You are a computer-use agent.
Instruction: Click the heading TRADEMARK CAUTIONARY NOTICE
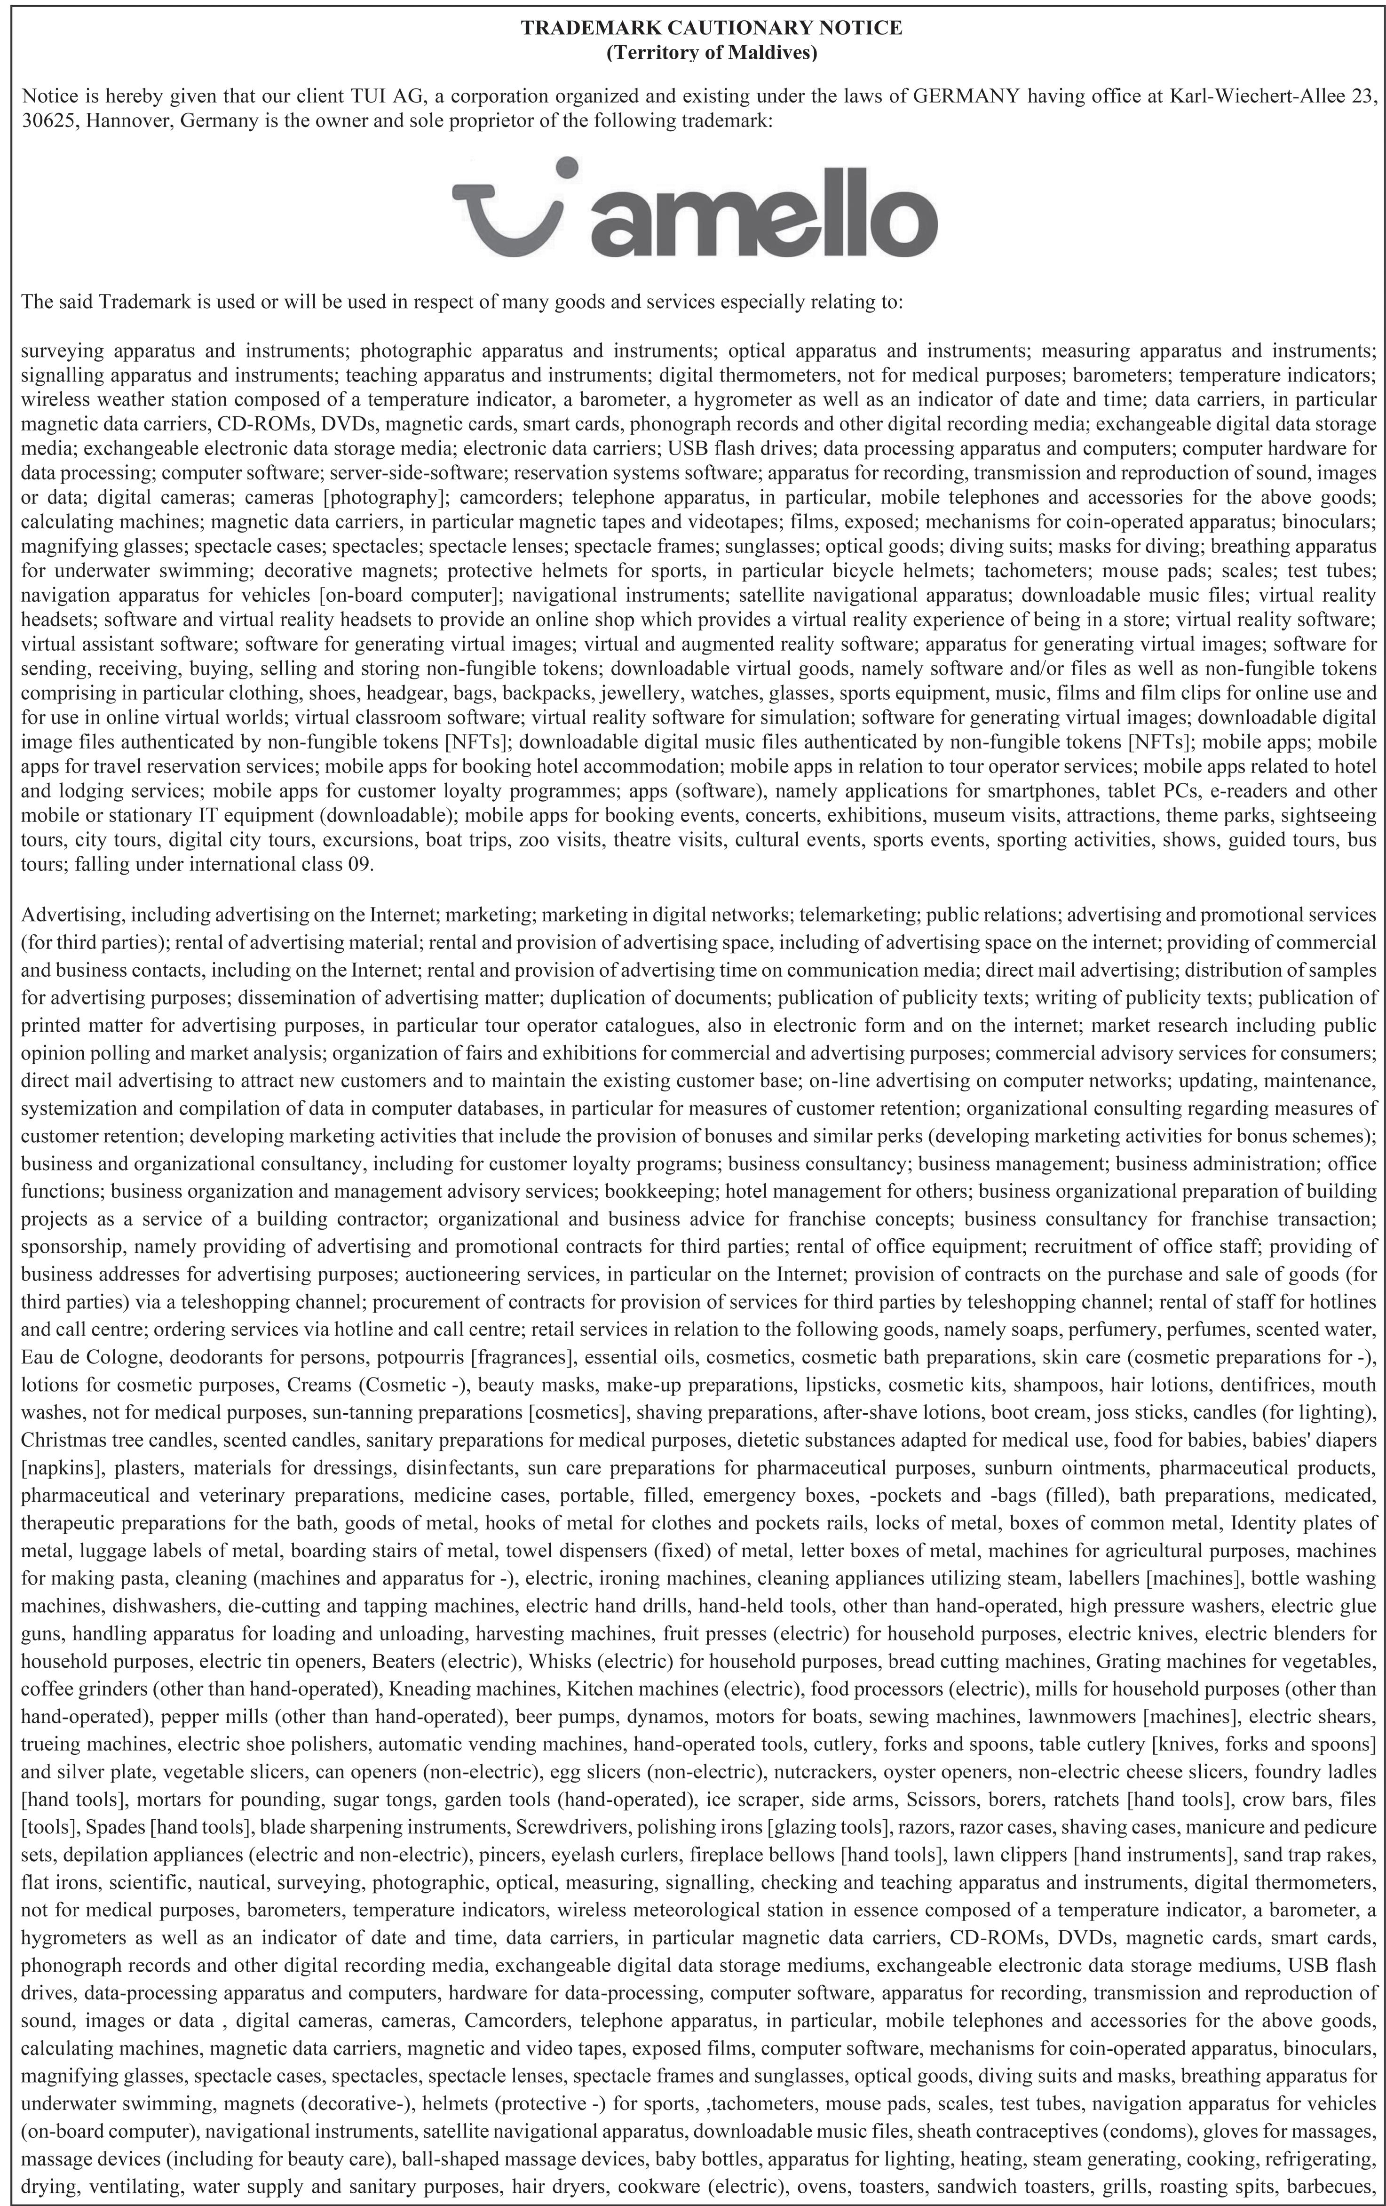711,28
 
